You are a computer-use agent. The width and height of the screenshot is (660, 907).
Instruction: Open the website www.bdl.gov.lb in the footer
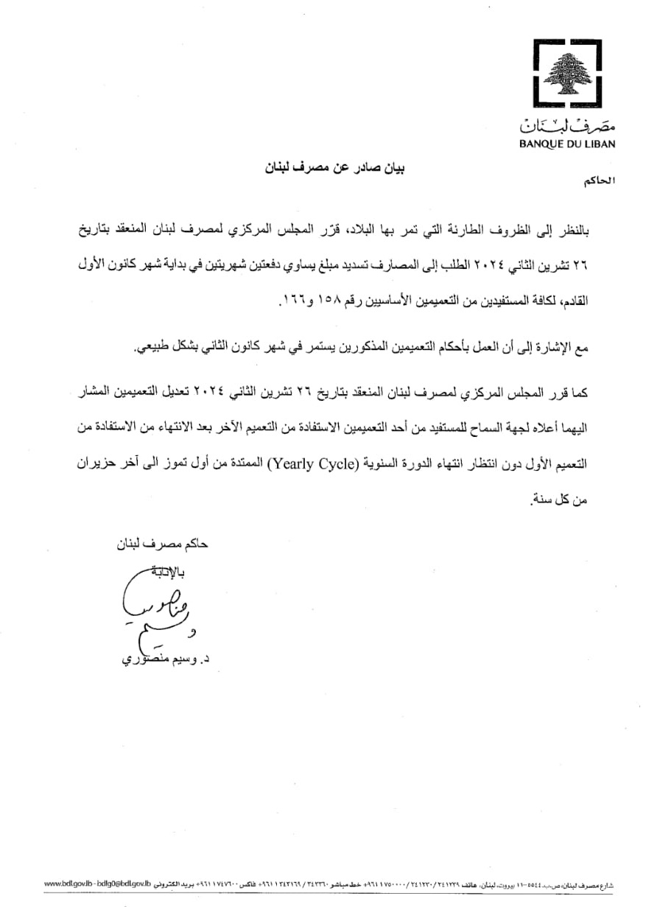point(69,882)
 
